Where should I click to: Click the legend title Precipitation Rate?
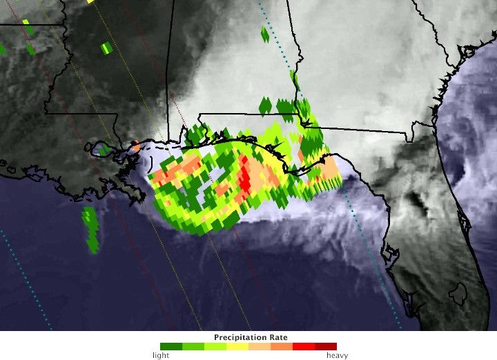(251, 337)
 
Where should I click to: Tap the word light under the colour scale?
(160, 356)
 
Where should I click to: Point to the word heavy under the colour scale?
(337, 356)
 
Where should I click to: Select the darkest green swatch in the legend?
(170, 347)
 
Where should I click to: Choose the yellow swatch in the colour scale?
(237, 347)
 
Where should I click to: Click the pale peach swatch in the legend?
(259, 347)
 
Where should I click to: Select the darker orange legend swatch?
(281, 347)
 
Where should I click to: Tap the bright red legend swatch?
(303, 347)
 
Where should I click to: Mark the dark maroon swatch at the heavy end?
(326, 347)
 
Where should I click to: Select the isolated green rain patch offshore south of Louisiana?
(90, 228)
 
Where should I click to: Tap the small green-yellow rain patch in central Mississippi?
(106, 48)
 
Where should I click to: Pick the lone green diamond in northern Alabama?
(265, 34)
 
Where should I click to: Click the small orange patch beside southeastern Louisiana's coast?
(137, 147)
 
